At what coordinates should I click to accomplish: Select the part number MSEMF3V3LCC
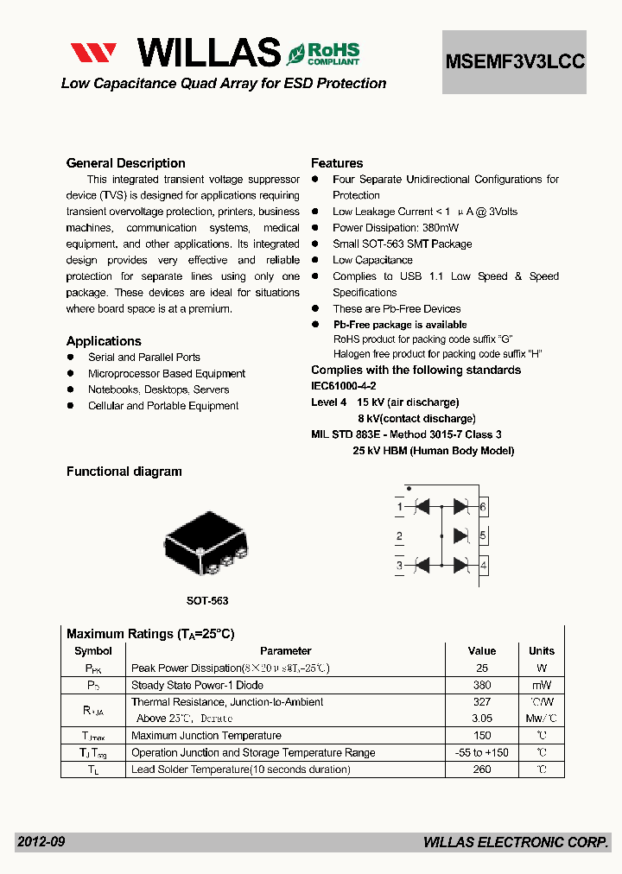(515, 61)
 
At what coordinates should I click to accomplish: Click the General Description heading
(126, 163)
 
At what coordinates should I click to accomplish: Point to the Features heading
(337, 163)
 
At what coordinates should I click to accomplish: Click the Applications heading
(104, 341)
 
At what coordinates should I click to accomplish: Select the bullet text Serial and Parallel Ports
(144, 358)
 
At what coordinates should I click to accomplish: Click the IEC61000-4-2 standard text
(344, 386)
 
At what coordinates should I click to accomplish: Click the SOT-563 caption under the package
(207, 600)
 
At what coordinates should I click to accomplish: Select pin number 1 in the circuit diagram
(399, 506)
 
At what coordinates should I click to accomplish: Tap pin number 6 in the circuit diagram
(483, 506)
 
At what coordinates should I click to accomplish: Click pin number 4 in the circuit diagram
(483, 566)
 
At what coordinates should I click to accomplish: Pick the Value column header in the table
(482, 651)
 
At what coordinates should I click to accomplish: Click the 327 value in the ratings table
(482, 702)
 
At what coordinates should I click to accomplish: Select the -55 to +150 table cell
(482, 752)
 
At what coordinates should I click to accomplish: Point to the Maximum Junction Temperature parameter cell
(206, 736)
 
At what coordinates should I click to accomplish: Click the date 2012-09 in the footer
(41, 842)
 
